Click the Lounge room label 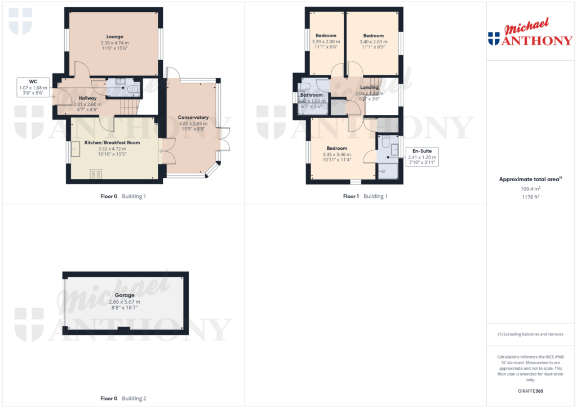114,37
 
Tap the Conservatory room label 193,118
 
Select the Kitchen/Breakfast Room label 112,143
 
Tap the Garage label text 125,295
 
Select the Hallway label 87,98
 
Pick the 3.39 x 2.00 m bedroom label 326,35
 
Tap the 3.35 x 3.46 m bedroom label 336,149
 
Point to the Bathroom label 312,95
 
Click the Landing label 369,87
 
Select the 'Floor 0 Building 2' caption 123,398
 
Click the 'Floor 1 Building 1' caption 365,196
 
